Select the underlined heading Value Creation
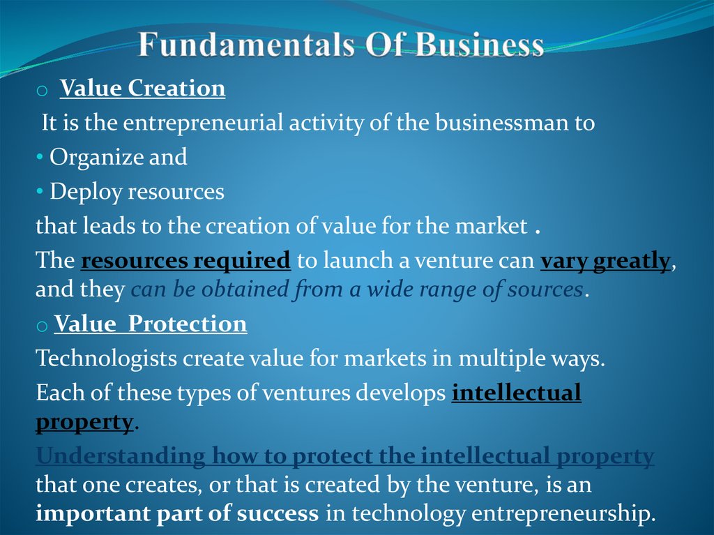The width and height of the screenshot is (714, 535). coord(142,89)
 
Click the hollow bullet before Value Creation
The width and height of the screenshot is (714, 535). coord(42,91)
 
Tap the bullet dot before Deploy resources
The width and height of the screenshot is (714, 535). coord(40,192)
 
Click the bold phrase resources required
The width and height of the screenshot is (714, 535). coord(185,261)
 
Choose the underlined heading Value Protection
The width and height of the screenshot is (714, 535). coord(151,324)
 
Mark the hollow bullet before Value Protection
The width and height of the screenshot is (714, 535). coord(42,326)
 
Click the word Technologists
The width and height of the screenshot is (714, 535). coord(106,359)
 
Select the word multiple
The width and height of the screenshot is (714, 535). coord(500,359)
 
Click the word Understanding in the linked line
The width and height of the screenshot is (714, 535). coord(120,457)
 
